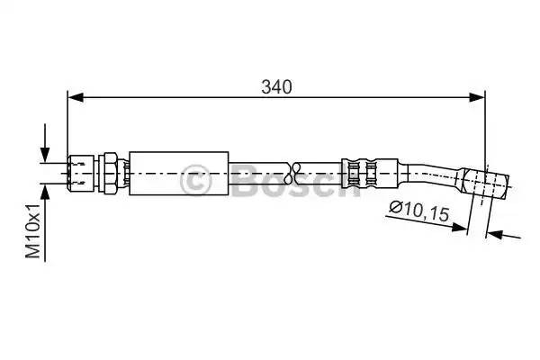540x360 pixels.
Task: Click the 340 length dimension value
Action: click(276, 86)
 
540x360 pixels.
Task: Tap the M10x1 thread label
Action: click(33, 230)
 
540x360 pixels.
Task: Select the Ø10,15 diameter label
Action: click(419, 211)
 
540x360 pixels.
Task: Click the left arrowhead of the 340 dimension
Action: click(76, 97)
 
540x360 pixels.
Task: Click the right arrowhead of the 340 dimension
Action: click(477, 97)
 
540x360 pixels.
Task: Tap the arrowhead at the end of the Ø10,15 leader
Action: click(460, 227)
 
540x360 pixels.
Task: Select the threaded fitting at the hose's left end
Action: click(81, 173)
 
